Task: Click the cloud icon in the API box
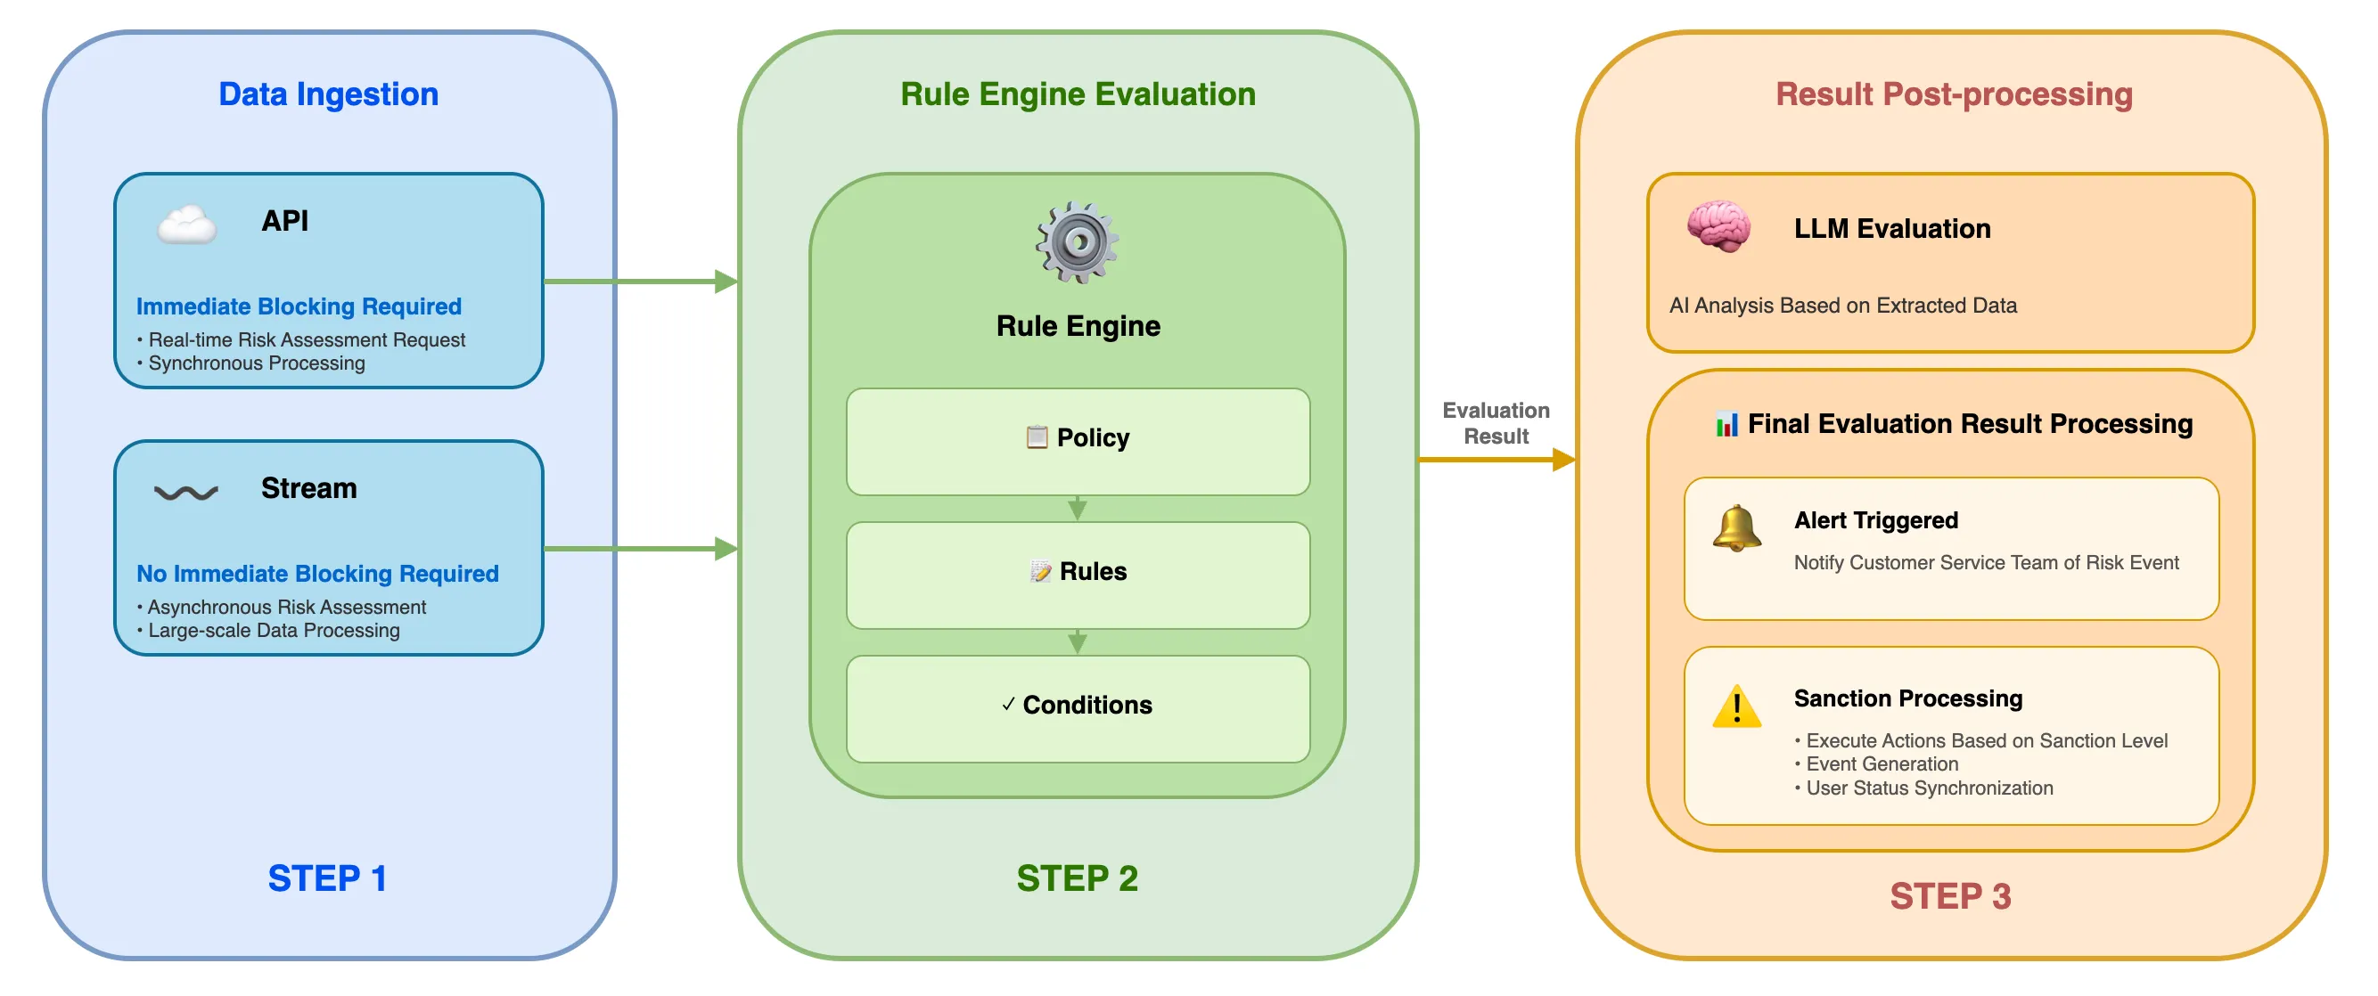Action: (x=186, y=225)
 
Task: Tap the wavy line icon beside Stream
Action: (x=185, y=492)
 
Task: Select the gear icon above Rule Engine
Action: (x=1077, y=243)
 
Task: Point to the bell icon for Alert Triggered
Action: (x=1736, y=528)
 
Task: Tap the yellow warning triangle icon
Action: (x=1736, y=707)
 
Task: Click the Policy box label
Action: (x=1092, y=437)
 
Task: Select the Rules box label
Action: (x=1092, y=571)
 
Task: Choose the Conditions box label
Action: (x=1086, y=706)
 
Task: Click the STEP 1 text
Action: (x=327, y=878)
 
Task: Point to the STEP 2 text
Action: (x=1077, y=878)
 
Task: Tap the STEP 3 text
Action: (x=1949, y=895)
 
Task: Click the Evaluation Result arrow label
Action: (x=1496, y=423)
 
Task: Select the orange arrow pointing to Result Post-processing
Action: (x=1496, y=459)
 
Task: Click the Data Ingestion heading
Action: (x=328, y=94)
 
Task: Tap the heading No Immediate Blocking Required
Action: (x=317, y=573)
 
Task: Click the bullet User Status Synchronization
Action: (x=1929, y=788)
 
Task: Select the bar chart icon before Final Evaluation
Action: (x=1726, y=424)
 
